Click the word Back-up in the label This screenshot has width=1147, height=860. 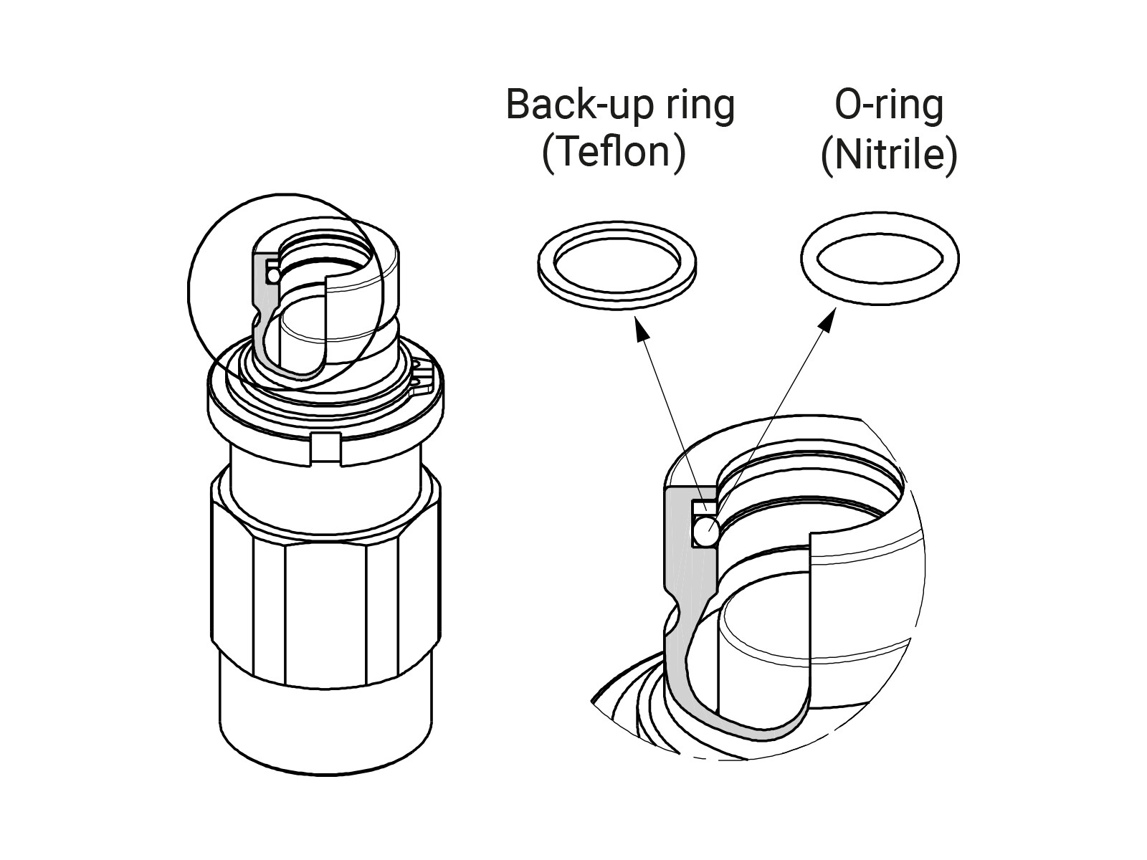coord(555,105)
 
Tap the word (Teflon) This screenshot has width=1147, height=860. coord(614,151)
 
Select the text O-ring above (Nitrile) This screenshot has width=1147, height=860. coord(889,105)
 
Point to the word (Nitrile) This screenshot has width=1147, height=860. coord(889,153)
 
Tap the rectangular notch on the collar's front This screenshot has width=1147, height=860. coord(327,448)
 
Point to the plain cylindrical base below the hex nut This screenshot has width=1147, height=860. coord(326,731)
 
